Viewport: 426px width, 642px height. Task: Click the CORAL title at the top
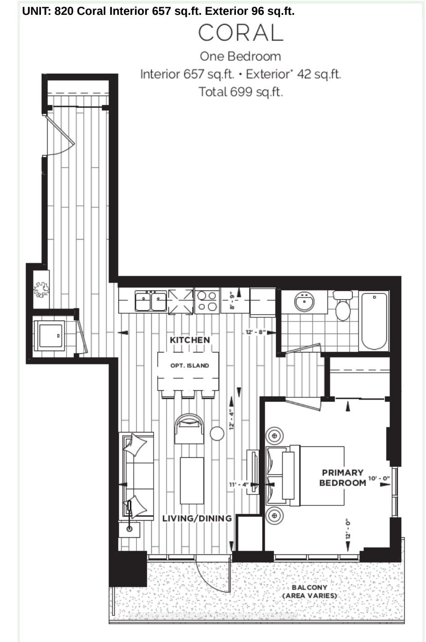[240, 33]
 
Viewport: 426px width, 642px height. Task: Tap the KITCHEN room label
[190, 340]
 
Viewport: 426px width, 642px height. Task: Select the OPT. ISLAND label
[190, 366]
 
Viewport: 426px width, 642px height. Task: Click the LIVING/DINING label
[197, 518]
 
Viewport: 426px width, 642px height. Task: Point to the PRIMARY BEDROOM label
[342, 478]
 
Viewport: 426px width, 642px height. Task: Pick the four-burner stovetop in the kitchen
[207, 301]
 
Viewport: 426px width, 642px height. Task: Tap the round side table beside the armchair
[217, 433]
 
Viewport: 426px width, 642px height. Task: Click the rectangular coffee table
[192, 480]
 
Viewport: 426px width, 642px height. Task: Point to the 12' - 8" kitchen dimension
[255, 332]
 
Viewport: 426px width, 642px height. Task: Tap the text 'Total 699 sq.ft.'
[240, 92]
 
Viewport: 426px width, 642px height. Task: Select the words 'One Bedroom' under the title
[240, 57]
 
